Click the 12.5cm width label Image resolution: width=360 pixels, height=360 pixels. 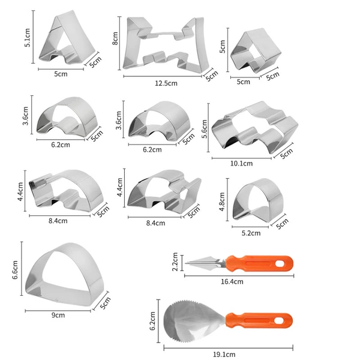[166, 83]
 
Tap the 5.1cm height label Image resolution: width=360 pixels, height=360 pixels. [28, 38]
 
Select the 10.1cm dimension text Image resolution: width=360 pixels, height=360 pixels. [241, 163]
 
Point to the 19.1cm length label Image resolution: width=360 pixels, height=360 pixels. [224, 354]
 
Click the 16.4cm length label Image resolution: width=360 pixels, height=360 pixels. [232, 281]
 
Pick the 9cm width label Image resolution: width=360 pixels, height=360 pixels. [58, 315]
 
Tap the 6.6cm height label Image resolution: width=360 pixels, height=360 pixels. [15, 270]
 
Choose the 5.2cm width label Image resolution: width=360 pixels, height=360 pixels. [251, 233]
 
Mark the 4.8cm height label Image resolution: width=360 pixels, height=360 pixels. [222, 202]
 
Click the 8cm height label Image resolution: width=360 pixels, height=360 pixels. [115, 38]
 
